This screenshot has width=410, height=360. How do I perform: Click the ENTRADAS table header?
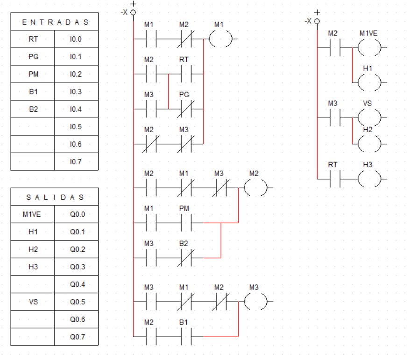(x=55, y=22)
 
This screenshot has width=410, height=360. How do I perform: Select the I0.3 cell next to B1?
(x=77, y=92)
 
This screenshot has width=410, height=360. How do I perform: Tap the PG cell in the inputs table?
(x=33, y=56)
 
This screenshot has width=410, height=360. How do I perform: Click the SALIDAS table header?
(x=55, y=197)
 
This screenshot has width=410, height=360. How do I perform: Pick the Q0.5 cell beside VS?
(x=77, y=302)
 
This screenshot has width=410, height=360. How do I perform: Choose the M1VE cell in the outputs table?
(x=33, y=214)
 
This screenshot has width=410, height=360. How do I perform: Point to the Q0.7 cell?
(x=77, y=337)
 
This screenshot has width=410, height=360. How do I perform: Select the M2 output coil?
(x=255, y=188)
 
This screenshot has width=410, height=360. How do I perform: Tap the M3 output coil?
(x=255, y=302)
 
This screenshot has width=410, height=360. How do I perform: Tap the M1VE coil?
(x=369, y=48)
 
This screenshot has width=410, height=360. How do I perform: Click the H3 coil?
(x=369, y=179)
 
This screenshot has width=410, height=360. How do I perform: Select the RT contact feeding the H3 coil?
(x=333, y=179)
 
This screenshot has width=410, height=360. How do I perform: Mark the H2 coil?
(x=369, y=143)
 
